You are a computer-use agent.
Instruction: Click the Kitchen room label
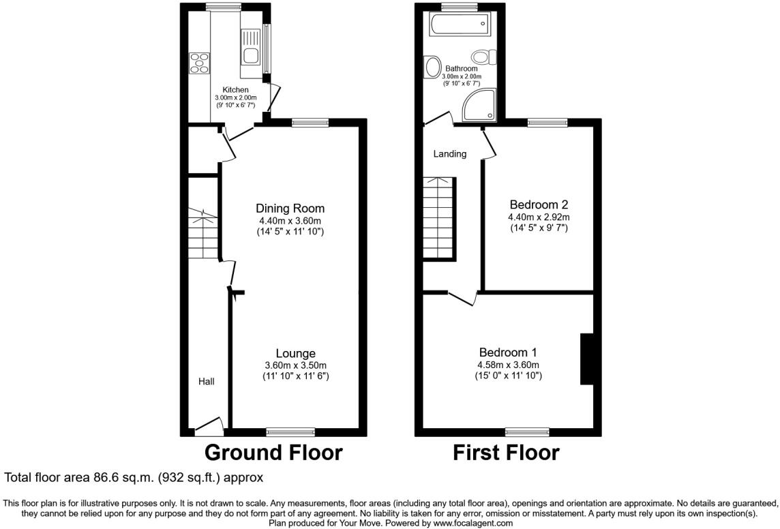click(236, 89)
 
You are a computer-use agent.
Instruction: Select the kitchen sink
click(250, 54)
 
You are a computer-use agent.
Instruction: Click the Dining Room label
click(290, 208)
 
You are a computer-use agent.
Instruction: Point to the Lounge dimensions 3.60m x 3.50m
click(295, 365)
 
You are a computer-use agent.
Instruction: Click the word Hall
click(206, 381)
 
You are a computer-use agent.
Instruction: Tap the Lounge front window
click(290, 431)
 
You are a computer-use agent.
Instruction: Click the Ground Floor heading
click(273, 452)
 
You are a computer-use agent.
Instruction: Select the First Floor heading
click(506, 452)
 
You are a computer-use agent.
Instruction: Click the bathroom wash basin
click(432, 67)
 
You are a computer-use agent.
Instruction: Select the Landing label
click(450, 153)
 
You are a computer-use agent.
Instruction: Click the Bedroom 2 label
click(539, 204)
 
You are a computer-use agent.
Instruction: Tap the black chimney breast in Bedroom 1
click(586, 359)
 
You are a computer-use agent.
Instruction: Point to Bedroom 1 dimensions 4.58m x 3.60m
click(508, 365)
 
